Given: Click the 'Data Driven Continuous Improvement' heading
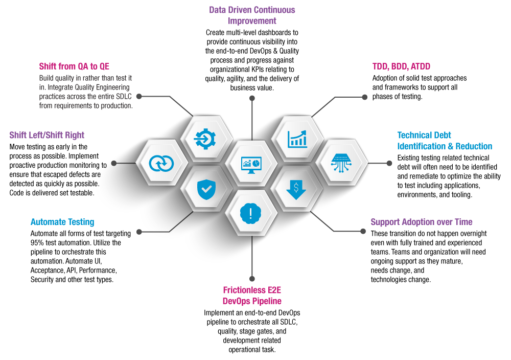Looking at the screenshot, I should click(x=252, y=15).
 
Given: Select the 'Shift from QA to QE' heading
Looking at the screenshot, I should click(x=74, y=66).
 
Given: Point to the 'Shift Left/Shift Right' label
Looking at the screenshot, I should click(x=47, y=136).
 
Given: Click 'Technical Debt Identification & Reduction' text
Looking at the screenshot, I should click(x=445, y=141).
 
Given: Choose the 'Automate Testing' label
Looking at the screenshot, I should click(x=62, y=222).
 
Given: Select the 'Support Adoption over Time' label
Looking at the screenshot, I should click(x=421, y=222).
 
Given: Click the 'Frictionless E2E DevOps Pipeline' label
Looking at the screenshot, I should click(x=252, y=296).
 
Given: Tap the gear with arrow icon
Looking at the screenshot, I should click(x=205, y=138).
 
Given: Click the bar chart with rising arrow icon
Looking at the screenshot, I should click(x=296, y=138).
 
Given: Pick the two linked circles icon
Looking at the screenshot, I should click(x=161, y=163).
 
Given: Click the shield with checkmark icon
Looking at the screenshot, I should click(x=206, y=189).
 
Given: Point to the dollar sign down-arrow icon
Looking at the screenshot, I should click(x=296, y=189).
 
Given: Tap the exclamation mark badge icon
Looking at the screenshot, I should click(x=251, y=213).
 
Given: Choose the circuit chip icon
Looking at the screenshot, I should click(x=342, y=163).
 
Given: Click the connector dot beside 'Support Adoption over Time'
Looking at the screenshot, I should click(x=363, y=231).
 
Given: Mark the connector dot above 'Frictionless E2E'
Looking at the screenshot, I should click(x=251, y=279).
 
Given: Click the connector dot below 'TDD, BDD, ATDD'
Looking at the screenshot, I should click(x=364, y=97).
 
